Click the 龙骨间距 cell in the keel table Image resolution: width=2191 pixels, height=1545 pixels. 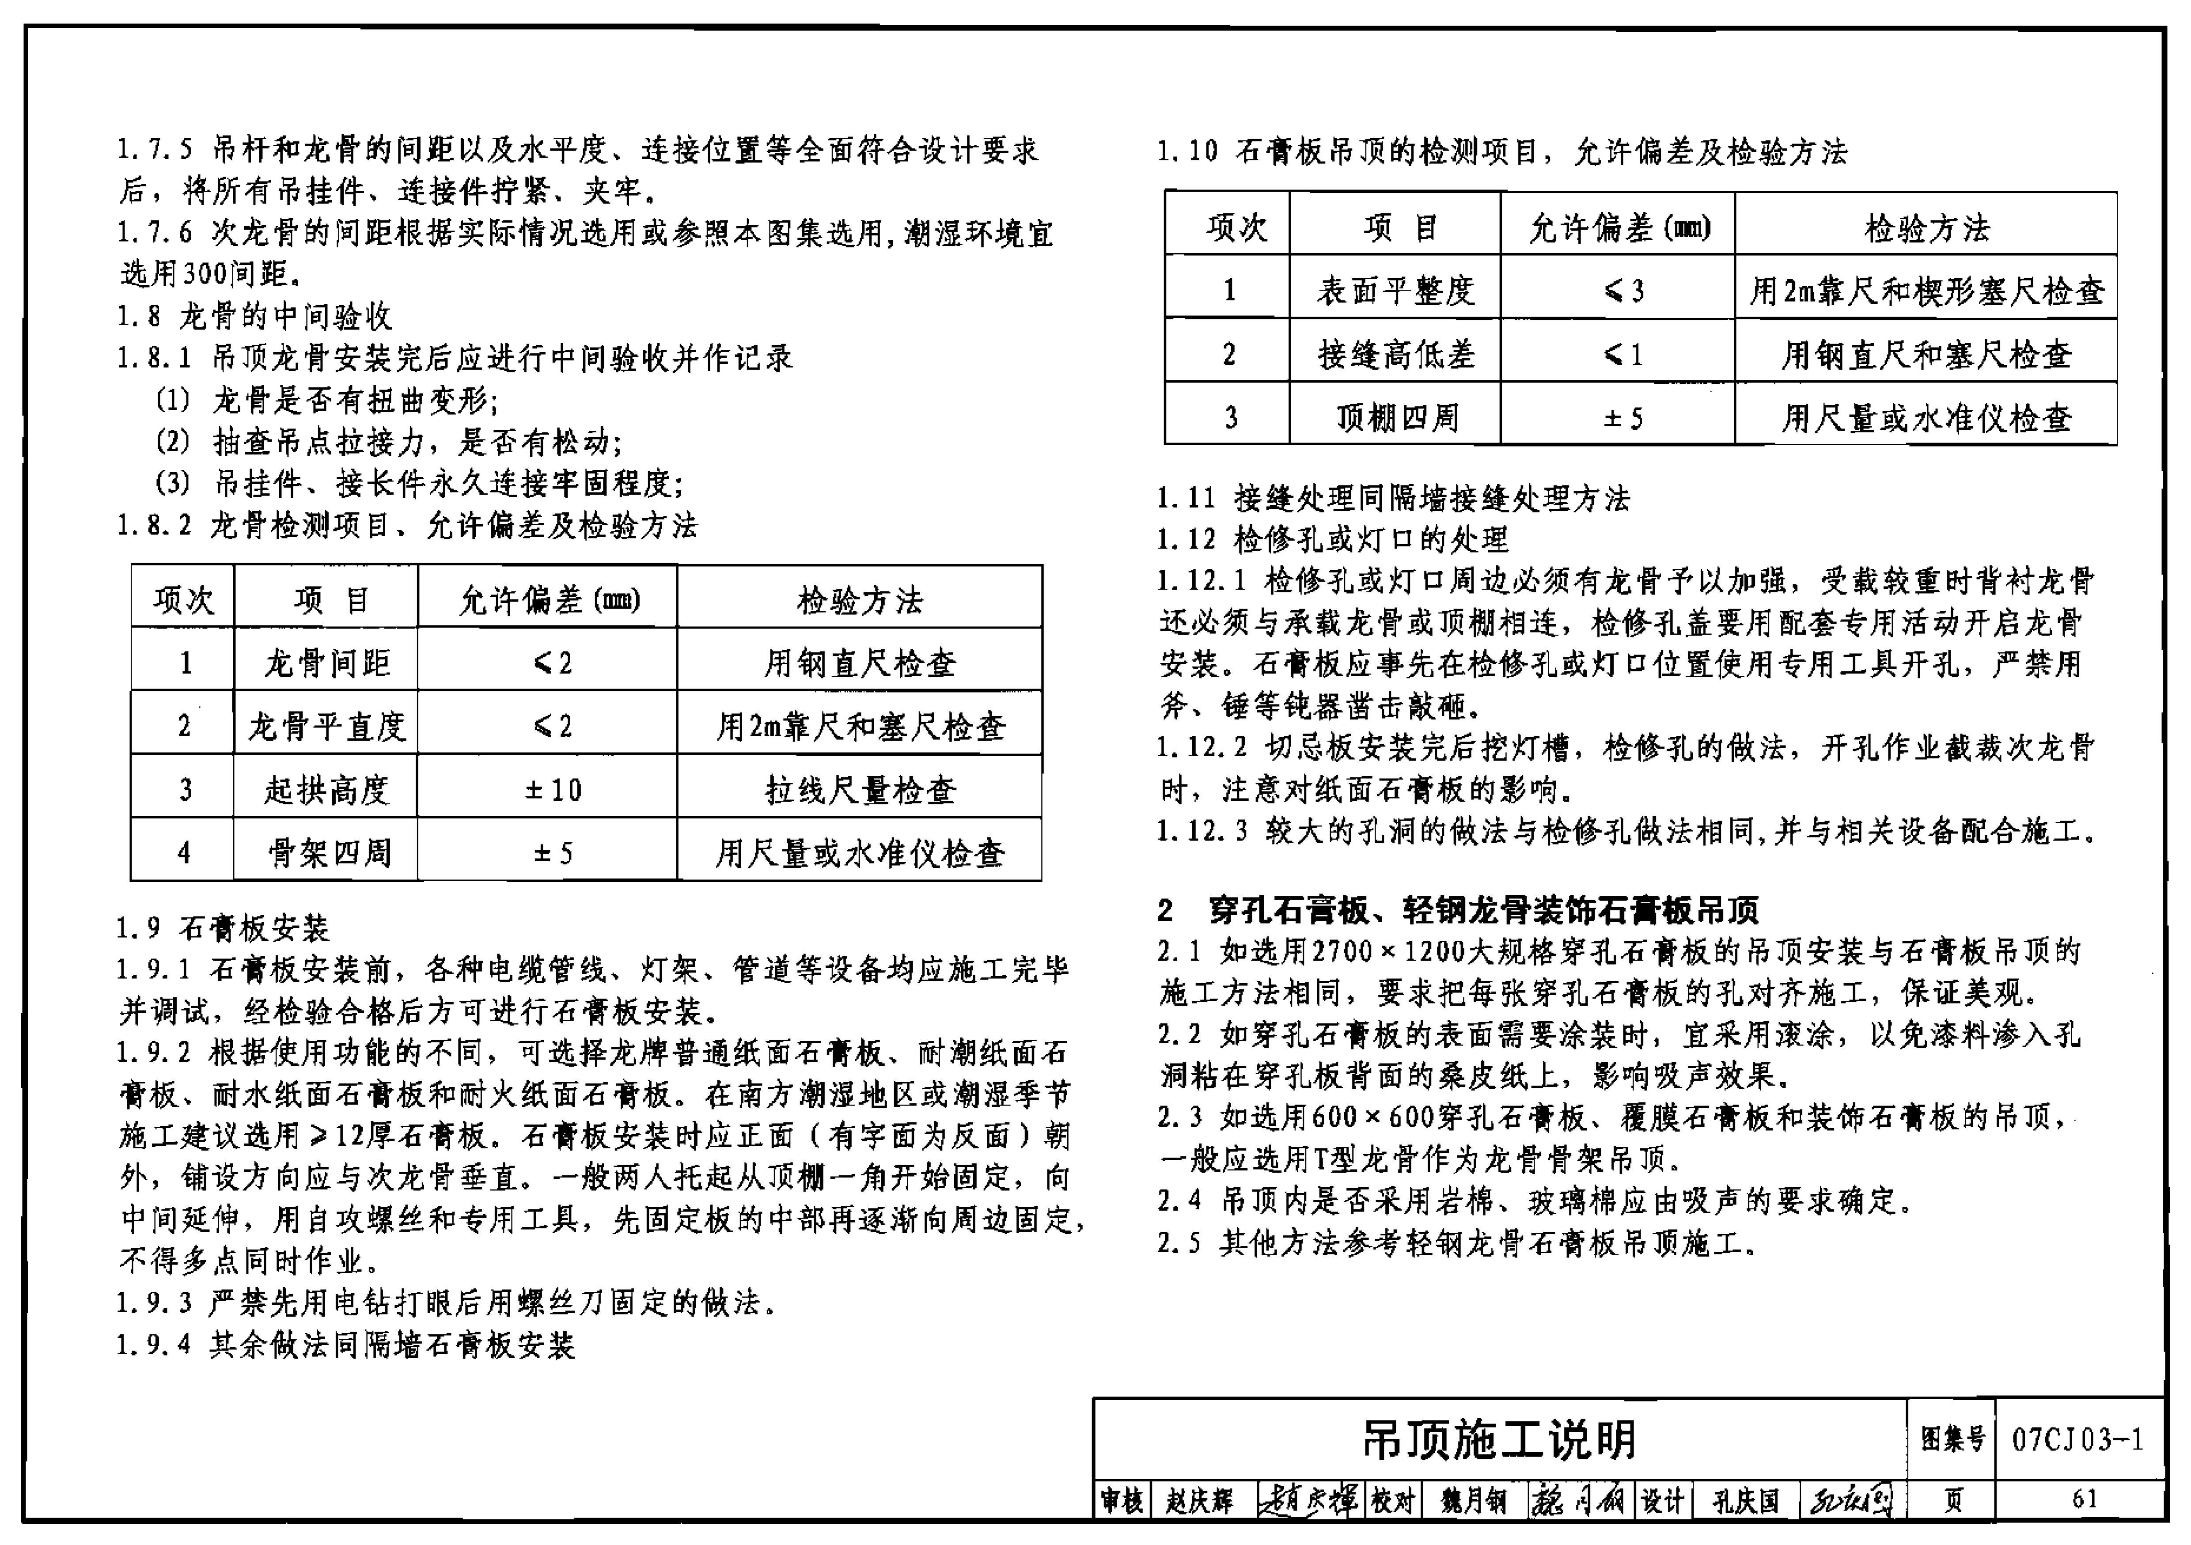tap(326, 662)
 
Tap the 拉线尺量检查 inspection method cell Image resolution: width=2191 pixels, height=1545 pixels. tap(859, 789)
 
